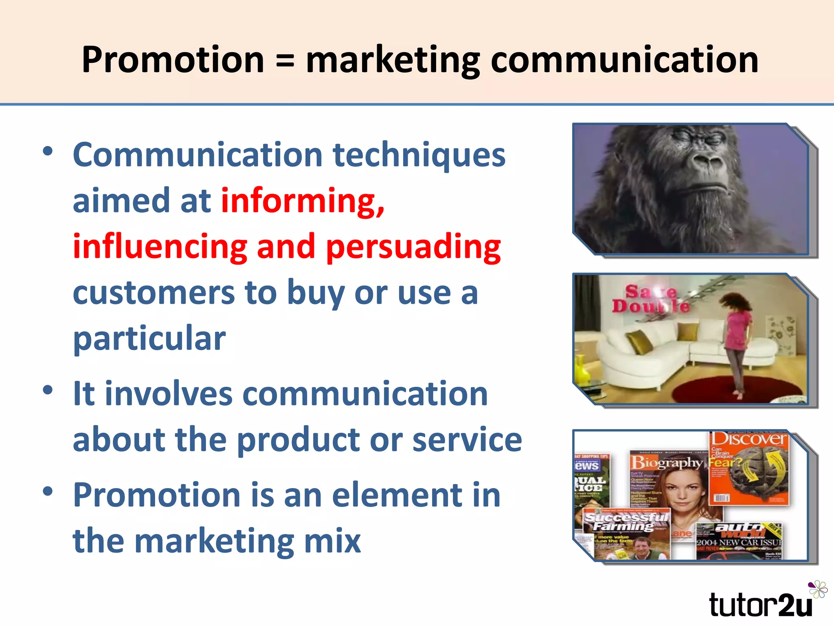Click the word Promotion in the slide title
173,60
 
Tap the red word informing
302,201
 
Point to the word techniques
419,155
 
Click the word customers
154,293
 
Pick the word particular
149,338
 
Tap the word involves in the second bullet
168,394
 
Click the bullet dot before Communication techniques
48,151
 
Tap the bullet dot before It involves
48,390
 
